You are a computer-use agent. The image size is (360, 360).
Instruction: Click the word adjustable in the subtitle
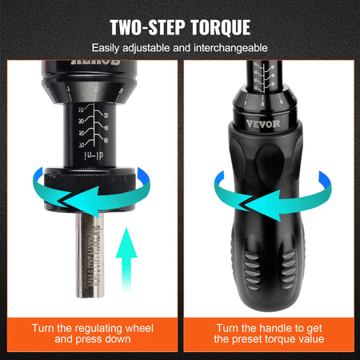pyautogui.click(x=149, y=49)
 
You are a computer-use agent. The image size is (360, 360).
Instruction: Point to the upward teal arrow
pyautogui.click(x=125, y=251)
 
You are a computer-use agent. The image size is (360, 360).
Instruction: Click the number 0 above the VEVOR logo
pyautogui.click(x=264, y=104)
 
